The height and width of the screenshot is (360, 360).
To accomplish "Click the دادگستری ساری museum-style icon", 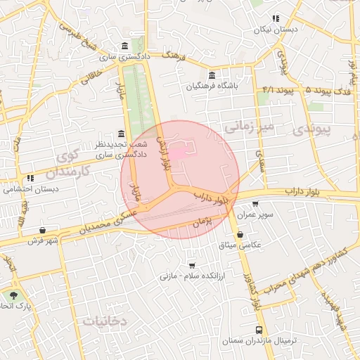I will tap(124, 44).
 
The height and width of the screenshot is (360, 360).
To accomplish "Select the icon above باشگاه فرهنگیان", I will tap(212, 75).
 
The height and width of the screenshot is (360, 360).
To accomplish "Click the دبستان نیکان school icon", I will tap(276, 19).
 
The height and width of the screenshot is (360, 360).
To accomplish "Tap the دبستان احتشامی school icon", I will tap(30, 178).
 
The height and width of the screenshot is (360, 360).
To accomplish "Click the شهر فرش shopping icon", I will tap(44, 229).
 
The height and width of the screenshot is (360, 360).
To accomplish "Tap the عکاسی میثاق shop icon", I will tap(240, 234).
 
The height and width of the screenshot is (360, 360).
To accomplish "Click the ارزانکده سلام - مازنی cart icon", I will tap(191, 266).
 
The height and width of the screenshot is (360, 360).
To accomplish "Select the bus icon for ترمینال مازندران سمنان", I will tap(259, 330).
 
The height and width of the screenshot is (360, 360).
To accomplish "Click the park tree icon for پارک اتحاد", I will tap(13, 296).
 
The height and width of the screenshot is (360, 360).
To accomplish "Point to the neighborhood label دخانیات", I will tap(105, 321).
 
